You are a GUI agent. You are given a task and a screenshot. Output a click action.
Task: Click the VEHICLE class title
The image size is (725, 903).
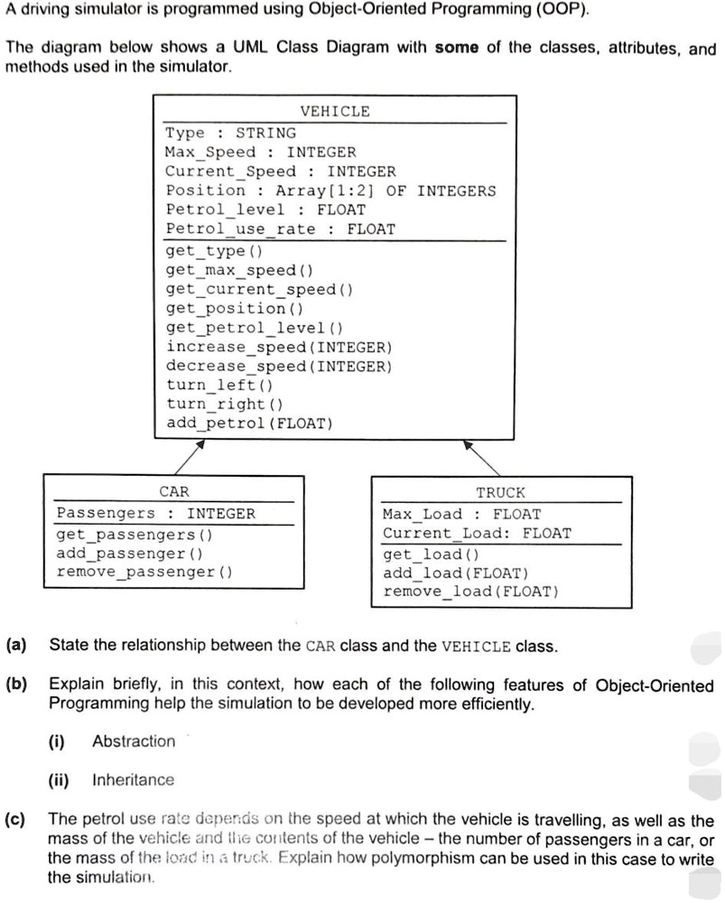(334, 111)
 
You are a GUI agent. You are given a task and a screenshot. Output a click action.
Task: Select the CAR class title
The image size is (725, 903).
(173, 492)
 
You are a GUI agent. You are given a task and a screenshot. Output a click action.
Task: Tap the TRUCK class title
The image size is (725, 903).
(500, 492)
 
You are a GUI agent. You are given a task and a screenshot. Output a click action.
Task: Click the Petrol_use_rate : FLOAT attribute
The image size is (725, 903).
(280, 228)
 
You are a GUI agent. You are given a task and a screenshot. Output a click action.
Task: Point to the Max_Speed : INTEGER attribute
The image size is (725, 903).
(260, 152)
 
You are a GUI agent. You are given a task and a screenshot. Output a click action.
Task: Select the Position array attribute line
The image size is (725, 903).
(330, 190)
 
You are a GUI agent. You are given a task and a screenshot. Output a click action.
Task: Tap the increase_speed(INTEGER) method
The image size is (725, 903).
(279, 347)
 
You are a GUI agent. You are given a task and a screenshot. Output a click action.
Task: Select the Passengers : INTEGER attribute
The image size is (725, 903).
(155, 513)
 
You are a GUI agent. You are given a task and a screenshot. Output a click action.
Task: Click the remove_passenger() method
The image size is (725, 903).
(144, 572)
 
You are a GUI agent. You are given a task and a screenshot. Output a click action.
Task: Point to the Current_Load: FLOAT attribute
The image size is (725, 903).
(477, 533)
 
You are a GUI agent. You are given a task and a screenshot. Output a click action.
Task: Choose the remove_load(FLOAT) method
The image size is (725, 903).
(471, 591)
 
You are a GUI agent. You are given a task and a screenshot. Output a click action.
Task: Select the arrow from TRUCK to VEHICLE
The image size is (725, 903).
(482, 457)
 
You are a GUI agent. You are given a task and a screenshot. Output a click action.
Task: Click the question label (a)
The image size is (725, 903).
(15, 646)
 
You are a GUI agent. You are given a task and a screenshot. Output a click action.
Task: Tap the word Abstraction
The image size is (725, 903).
(134, 741)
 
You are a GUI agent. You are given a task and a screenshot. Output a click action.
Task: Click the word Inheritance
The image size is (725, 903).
(133, 779)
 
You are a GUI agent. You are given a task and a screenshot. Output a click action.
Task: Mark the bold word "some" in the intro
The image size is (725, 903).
(457, 49)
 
